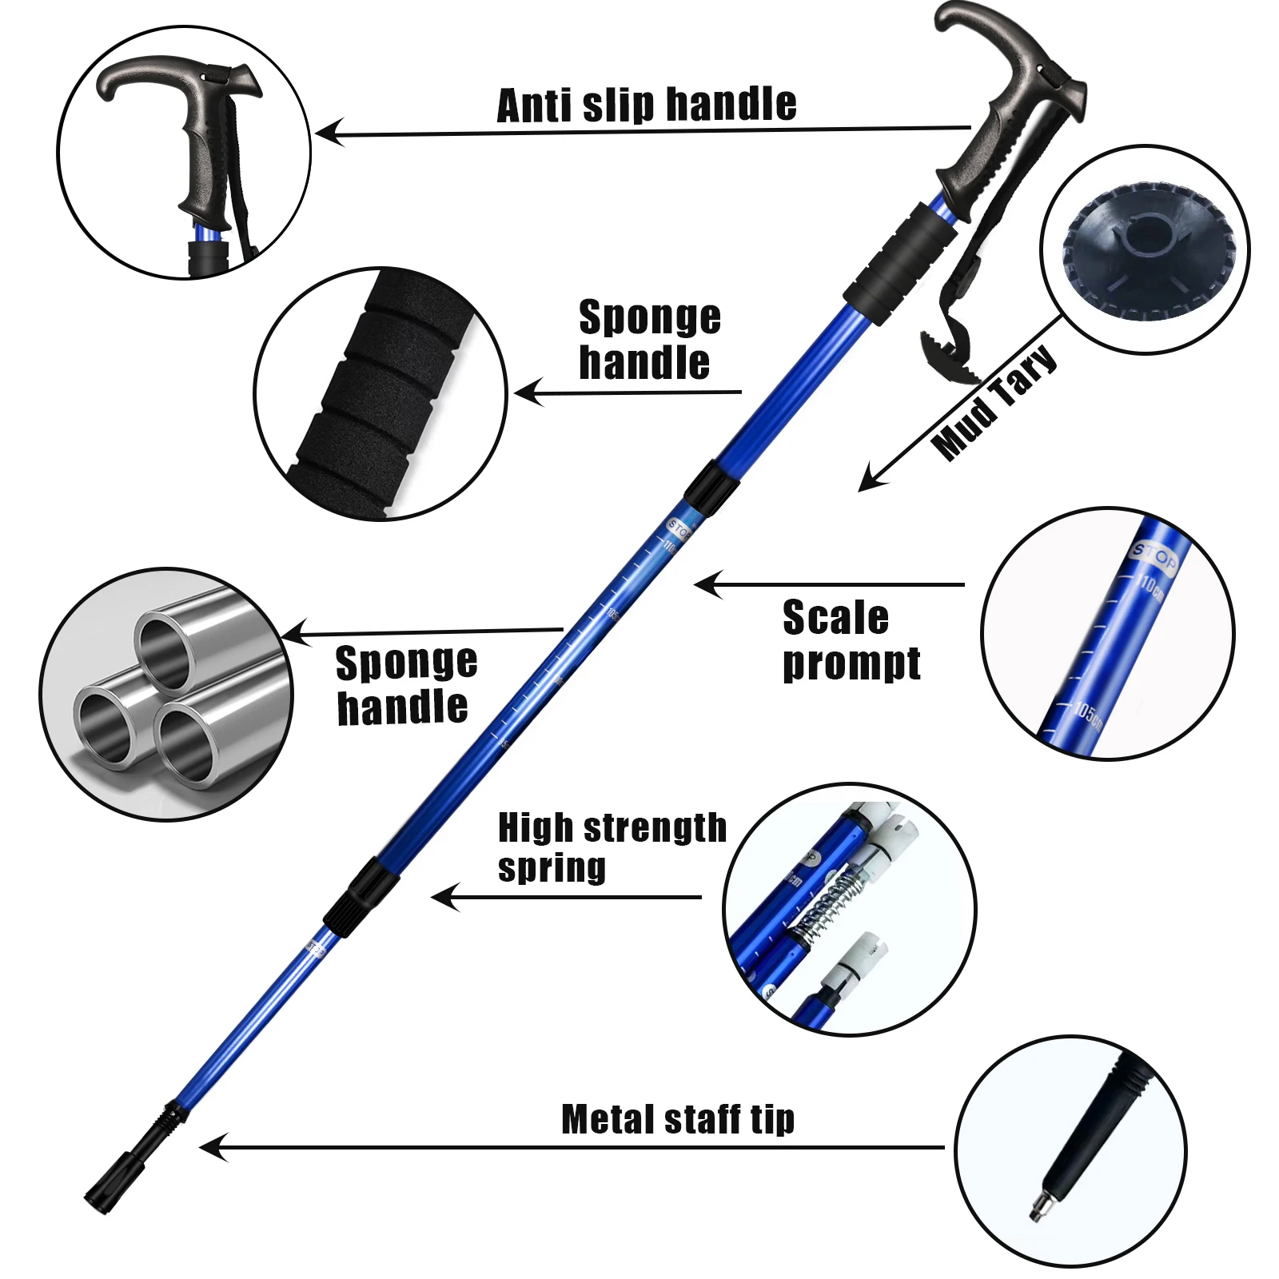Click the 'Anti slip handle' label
646,106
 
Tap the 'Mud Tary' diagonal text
994,403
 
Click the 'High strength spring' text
611,847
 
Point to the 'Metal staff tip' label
678,1119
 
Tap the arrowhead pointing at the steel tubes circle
296,634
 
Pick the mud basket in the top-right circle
1145,254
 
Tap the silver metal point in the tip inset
1038,1204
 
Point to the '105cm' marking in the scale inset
1087,714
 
